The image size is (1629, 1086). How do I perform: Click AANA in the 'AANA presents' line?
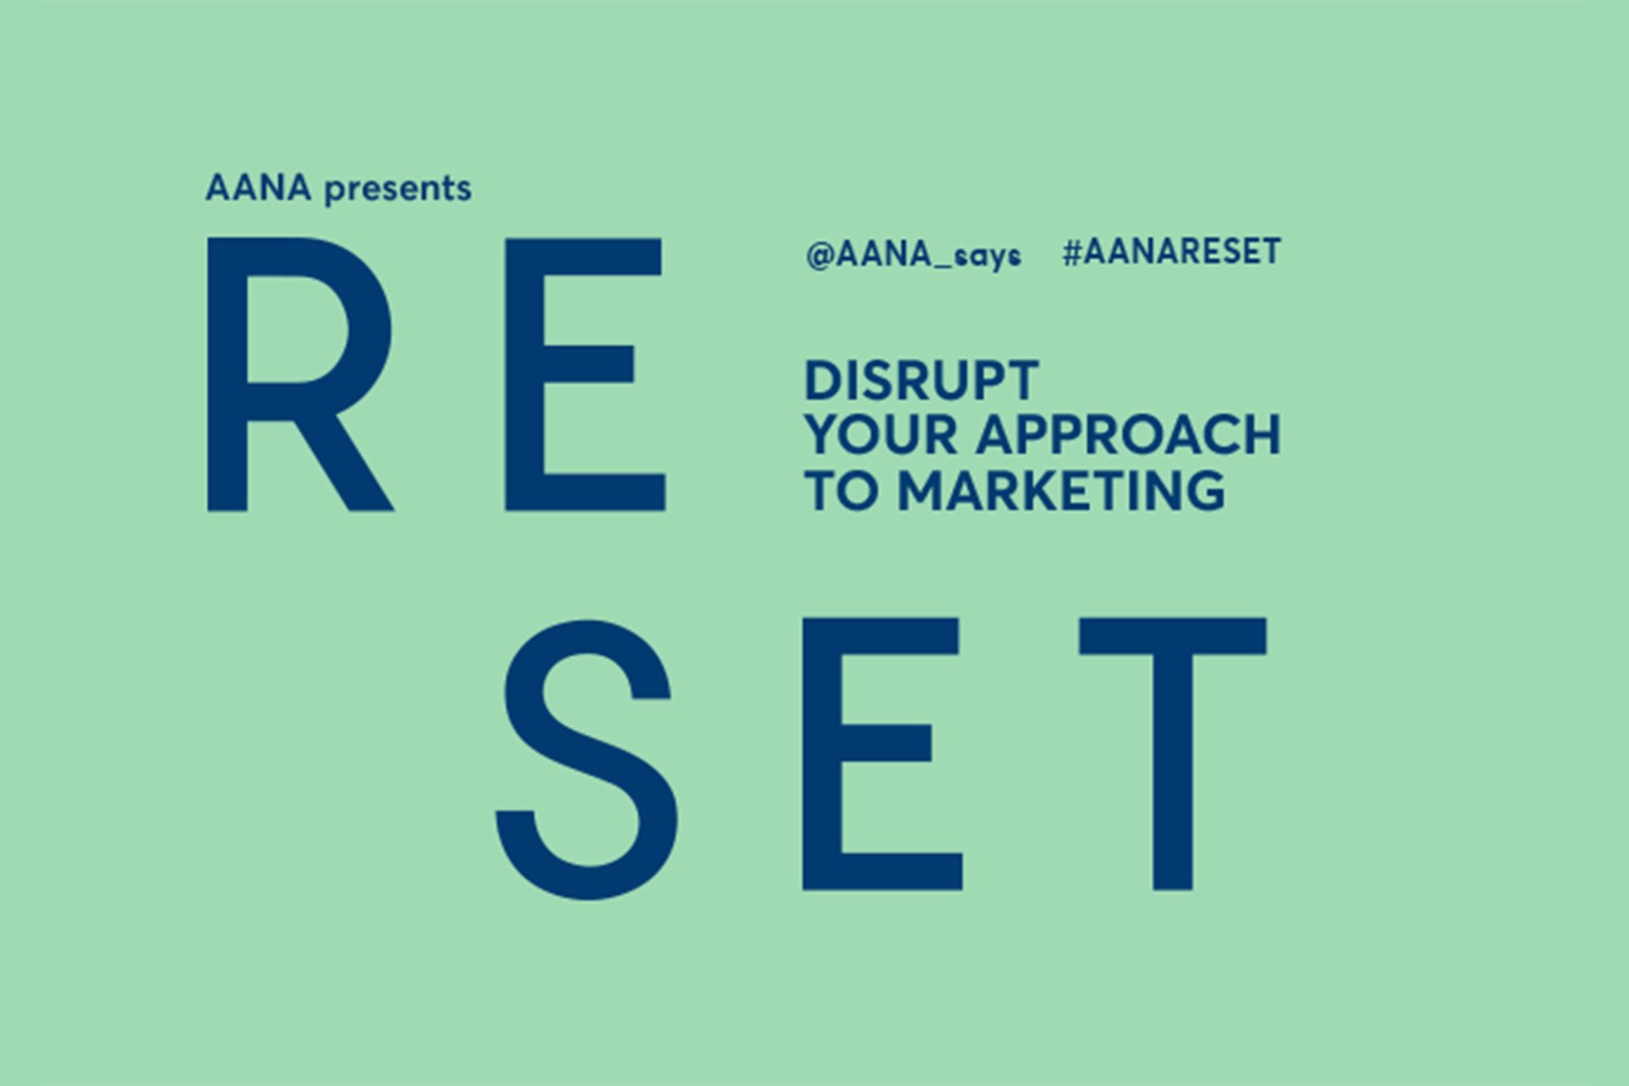pos(258,188)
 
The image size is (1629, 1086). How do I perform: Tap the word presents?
pos(398,190)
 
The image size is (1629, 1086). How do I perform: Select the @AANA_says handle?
pos(913,255)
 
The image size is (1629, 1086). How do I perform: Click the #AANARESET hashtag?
pos(1171,252)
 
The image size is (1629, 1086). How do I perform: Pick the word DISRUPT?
pos(921,380)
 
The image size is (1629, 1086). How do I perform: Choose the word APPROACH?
pos(1128,435)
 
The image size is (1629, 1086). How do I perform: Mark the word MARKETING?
pos(1062,491)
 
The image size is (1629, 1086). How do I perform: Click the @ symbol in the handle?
pos(819,255)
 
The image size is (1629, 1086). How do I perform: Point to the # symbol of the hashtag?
pos(1072,252)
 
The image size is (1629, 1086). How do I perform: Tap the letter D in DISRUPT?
pos(823,380)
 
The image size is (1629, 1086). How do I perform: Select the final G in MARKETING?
pos(1204,491)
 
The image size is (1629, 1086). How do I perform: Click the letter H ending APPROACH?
pos(1262,435)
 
